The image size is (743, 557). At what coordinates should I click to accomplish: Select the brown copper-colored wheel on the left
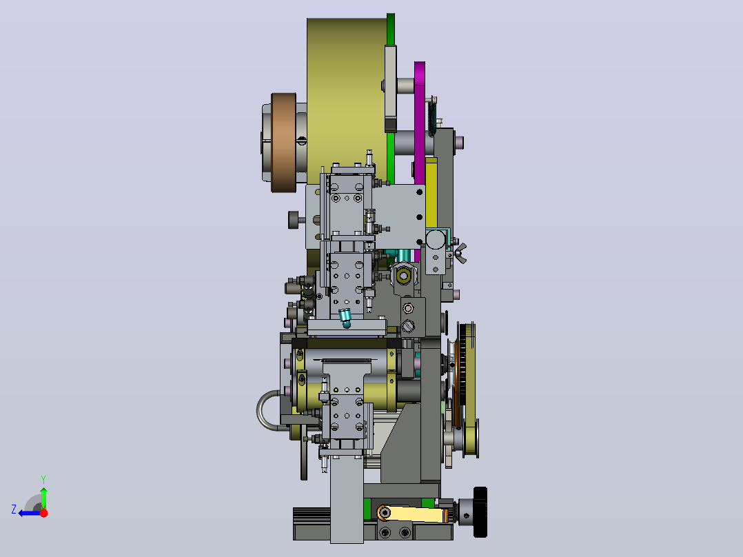tap(283, 142)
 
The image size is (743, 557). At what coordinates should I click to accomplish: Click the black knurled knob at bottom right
tap(480, 512)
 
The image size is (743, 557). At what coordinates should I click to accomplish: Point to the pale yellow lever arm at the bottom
tap(412, 514)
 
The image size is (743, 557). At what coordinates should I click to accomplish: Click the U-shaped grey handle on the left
tap(267, 411)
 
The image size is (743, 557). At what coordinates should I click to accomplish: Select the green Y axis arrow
tap(43, 496)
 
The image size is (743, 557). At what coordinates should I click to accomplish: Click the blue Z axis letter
tap(14, 509)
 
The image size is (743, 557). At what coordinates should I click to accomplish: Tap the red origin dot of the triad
tap(43, 512)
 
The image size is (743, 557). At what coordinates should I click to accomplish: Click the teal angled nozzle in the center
tap(345, 317)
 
